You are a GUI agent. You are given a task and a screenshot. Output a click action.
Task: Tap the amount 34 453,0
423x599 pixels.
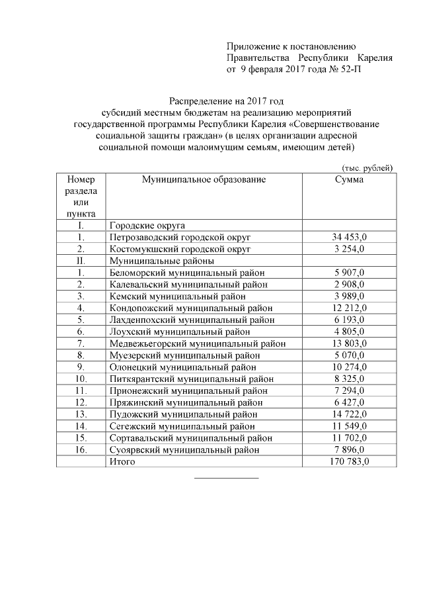348,237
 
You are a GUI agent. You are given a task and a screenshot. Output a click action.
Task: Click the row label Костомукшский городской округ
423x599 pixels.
180,249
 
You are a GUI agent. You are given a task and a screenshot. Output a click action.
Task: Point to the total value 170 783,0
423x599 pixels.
348,462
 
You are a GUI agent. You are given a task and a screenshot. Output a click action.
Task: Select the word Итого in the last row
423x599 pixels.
122,462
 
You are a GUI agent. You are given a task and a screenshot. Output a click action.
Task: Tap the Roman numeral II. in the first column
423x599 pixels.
81,261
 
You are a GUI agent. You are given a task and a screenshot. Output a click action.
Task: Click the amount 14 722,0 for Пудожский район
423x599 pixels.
348,414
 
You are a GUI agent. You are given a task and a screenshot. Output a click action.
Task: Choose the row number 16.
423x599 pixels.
81,450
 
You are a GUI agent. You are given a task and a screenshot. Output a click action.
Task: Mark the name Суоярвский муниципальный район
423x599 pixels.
184,450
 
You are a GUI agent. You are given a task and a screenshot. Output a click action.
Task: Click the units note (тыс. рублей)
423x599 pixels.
367,168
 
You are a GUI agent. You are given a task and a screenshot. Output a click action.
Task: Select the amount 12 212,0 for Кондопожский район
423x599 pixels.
348,308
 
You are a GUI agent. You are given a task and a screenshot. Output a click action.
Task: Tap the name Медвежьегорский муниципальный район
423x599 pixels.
198,344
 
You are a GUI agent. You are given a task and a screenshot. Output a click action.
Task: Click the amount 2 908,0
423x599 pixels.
348,284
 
